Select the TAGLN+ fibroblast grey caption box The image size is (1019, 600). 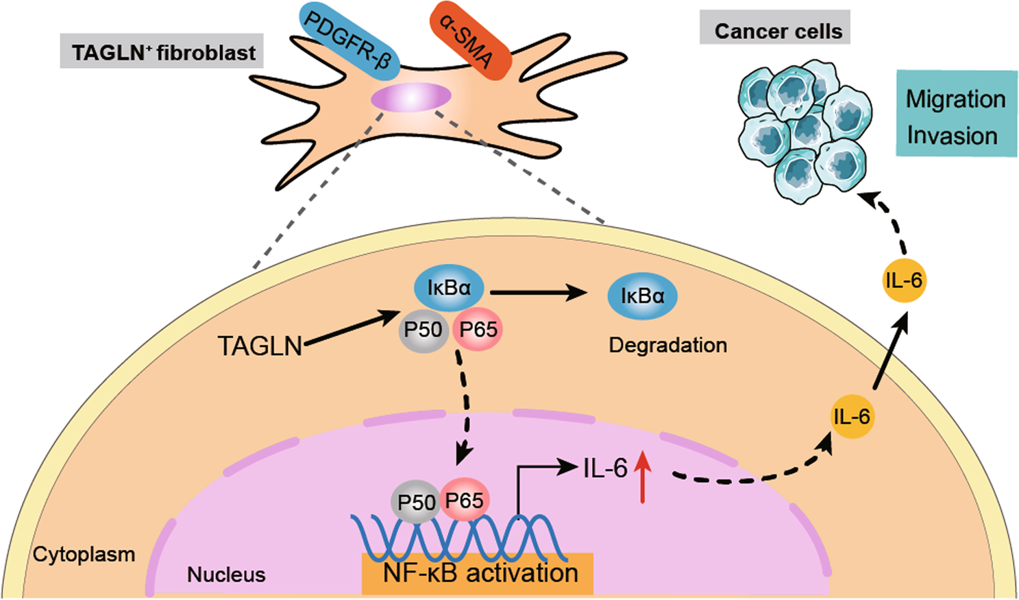[162, 52]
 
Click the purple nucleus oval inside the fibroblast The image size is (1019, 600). [410, 99]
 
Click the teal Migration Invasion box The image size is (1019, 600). [957, 115]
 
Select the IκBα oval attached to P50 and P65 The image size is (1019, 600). [449, 289]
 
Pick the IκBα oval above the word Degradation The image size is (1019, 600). [642, 296]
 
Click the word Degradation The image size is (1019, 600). [668, 345]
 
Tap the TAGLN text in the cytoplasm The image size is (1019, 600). [260, 346]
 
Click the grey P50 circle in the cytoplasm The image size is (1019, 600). [423, 331]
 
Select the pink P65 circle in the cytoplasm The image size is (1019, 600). [478, 331]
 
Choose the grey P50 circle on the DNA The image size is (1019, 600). [416, 503]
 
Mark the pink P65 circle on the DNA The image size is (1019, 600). [465, 501]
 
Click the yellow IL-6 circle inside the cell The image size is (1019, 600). [851, 416]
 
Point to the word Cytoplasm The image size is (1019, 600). [84, 554]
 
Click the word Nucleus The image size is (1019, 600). [226, 574]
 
